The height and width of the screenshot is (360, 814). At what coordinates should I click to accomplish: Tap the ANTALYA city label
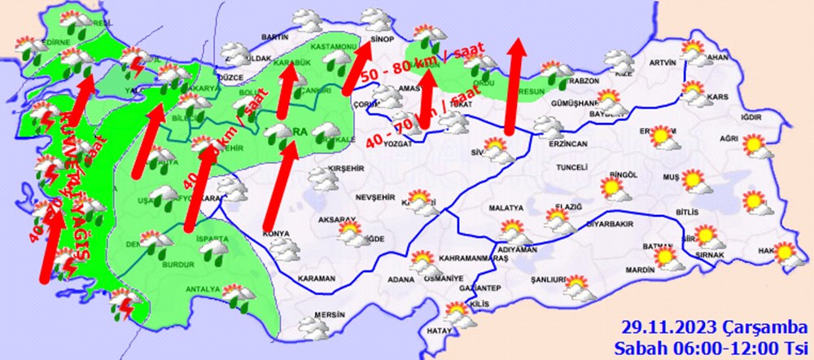203,289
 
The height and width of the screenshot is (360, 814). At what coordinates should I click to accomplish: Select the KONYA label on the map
278,235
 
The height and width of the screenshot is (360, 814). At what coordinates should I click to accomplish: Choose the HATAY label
439,330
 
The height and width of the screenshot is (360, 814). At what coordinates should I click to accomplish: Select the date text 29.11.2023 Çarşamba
711,327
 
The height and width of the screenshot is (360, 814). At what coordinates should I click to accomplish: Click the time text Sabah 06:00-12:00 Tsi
711,346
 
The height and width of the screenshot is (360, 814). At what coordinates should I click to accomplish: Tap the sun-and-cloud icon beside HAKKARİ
786,255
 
